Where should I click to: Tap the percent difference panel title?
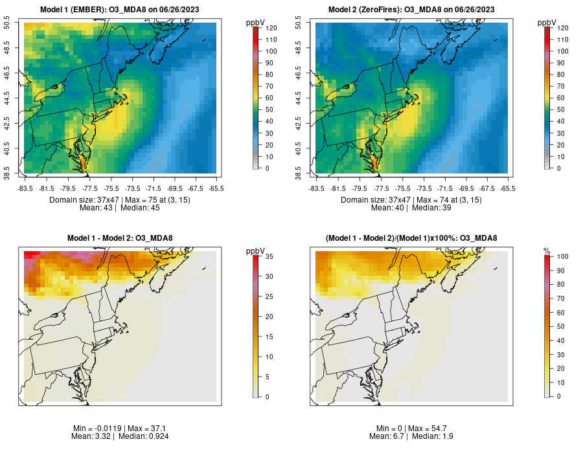coord(411,238)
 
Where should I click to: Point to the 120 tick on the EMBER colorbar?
coord(271,28)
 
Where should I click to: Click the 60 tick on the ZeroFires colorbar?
coord(560,98)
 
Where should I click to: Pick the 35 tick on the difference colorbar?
coord(269,256)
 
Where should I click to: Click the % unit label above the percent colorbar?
coord(547,251)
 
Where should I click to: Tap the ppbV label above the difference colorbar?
coord(256,251)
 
